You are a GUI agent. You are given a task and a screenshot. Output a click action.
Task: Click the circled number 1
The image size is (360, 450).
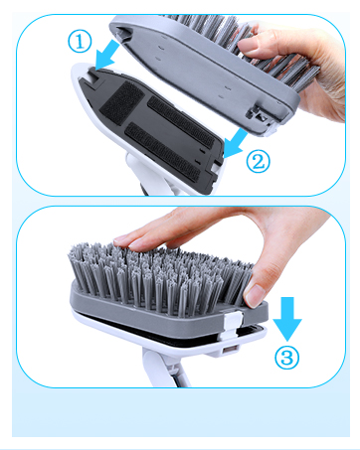coord(79,42)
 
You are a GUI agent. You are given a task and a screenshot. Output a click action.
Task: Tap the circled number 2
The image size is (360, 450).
coord(258,160)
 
